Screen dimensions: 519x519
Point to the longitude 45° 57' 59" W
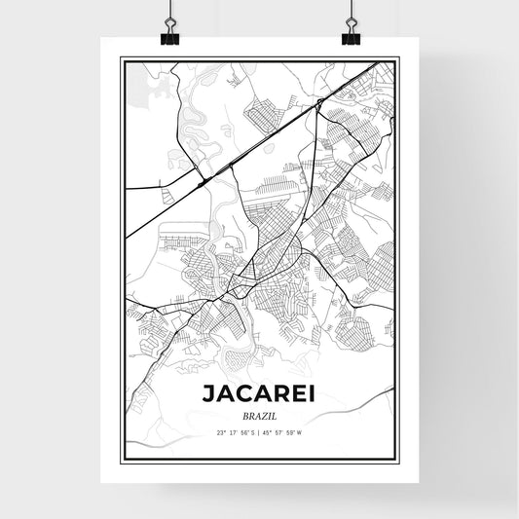coord(285,432)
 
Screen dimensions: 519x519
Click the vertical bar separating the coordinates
coord(258,432)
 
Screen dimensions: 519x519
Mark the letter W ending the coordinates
coord(300,432)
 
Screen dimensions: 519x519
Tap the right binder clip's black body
coord(350,38)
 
